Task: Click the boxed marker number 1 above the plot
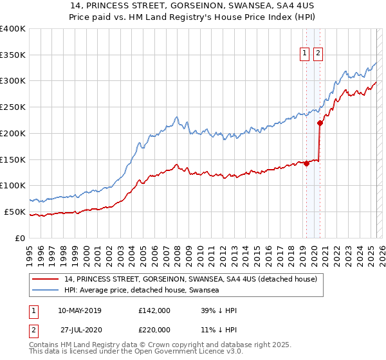[304, 53]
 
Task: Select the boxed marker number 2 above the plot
[318, 53]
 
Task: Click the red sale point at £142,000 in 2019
[306, 163]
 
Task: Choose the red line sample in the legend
[45, 280]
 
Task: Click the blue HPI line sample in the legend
[45, 290]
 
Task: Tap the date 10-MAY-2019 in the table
[80, 310]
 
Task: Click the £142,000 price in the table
[154, 310]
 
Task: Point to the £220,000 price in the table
[154, 329]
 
